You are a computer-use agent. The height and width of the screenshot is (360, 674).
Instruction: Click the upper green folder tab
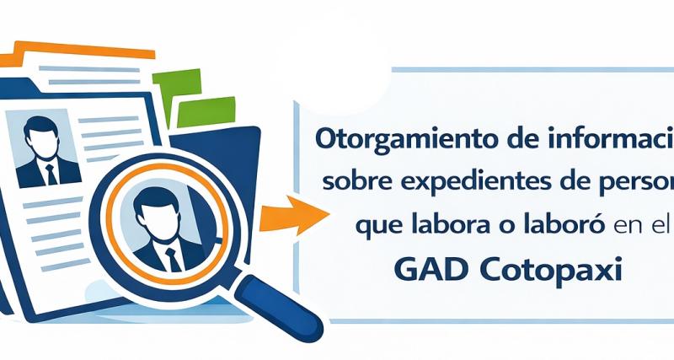point(179,82)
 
